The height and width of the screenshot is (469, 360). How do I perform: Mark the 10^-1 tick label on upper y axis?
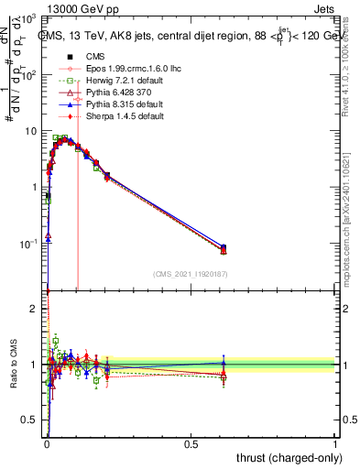click(x=29, y=245)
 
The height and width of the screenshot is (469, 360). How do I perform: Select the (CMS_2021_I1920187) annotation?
click(x=191, y=274)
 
